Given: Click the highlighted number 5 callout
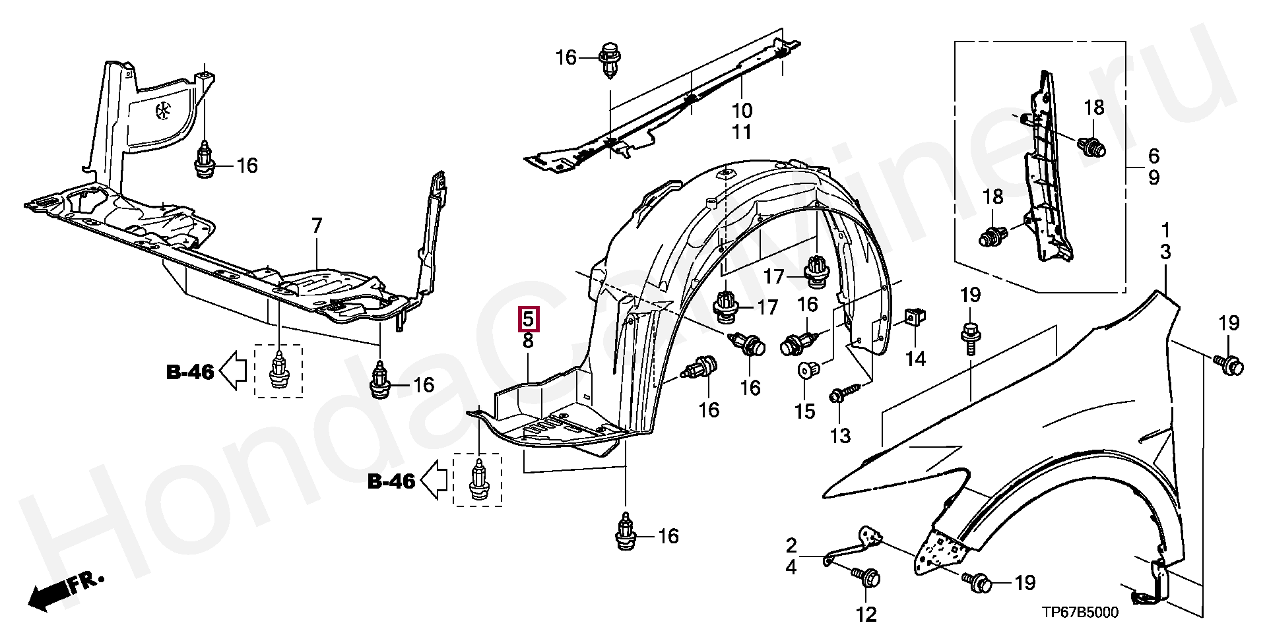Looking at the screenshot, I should tap(529, 319).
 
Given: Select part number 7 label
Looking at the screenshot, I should tap(317, 226).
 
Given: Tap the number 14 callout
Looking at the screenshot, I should tap(915, 359).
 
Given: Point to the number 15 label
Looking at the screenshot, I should tap(804, 411).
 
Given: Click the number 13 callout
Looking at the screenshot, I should tap(840, 435).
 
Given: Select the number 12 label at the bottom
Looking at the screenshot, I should tap(866, 615).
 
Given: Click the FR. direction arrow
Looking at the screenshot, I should tap(66, 589).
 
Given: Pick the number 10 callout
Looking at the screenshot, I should tap(742, 110).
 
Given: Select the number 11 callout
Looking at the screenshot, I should tap(742, 133).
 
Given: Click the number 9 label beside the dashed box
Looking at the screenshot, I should tap(1153, 177).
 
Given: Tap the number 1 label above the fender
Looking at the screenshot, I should tap(1165, 230).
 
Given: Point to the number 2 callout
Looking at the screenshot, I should tap(791, 545).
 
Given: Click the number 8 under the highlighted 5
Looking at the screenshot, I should tap(529, 341).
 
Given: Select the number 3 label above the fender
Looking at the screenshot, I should tap(1165, 252).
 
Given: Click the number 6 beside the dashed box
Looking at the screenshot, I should tap(1153, 156).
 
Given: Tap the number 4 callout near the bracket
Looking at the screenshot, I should tap(791, 566).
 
